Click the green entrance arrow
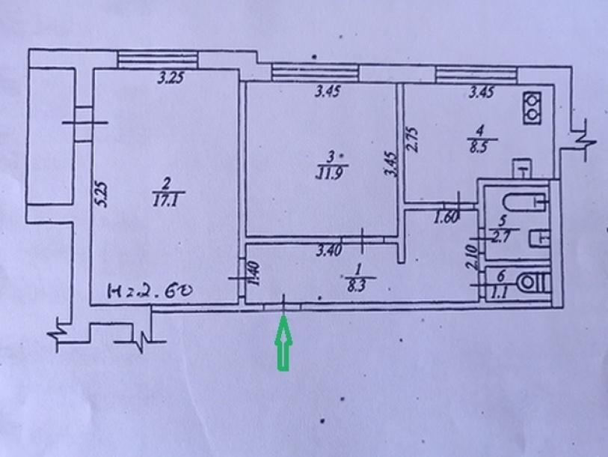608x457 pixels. click(x=284, y=343)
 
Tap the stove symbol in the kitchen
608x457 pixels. click(x=532, y=108)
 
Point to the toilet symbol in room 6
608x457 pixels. click(x=534, y=282)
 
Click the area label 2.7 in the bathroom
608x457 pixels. click(x=501, y=237)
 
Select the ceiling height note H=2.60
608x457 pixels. click(x=150, y=290)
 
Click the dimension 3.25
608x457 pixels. click(x=171, y=78)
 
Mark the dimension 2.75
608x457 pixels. click(x=412, y=140)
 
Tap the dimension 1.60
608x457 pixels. click(x=446, y=217)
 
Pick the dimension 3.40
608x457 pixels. click(x=329, y=250)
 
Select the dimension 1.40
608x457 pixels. click(x=254, y=274)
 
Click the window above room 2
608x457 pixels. click(x=158, y=60)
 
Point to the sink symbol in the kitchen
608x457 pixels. click(x=523, y=168)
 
